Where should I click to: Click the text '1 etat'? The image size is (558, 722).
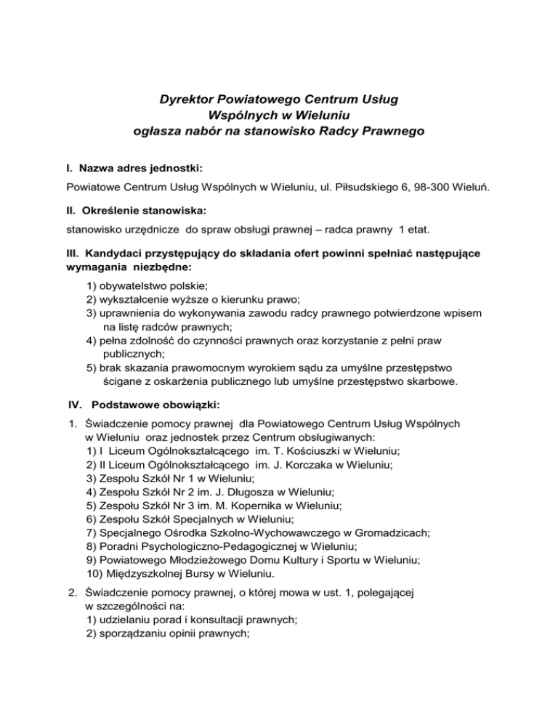(x=415, y=232)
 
